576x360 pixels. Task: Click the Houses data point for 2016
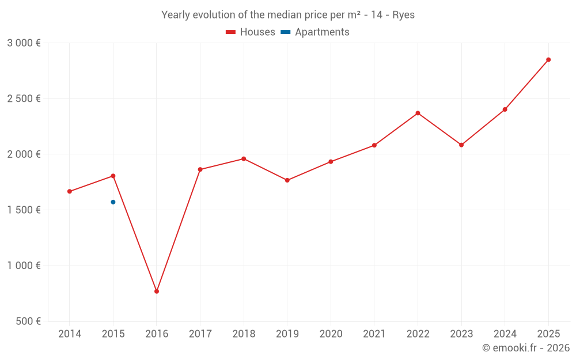pos(157,291)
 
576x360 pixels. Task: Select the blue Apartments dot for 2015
pos(113,202)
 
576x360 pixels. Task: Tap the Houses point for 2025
pos(548,59)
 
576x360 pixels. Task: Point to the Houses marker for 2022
pos(418,113)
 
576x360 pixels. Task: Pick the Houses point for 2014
pos(70,191)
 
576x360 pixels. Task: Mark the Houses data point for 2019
pos(287,180)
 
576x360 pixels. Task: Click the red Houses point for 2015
pos(113,176)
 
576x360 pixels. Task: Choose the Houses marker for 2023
pos(461,145)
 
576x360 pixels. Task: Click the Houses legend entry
pos(251,32)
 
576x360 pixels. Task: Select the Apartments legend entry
pos(315,32)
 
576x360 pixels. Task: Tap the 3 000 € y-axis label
pos(24,43)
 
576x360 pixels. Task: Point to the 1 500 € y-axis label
pos(24,210)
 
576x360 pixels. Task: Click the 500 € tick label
pos(28,321)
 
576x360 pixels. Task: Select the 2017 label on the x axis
pos(200,334)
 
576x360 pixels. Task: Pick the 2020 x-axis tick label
pos(331,334)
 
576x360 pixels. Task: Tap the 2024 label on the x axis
pos(505,334)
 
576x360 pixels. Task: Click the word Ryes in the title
pos(403,15)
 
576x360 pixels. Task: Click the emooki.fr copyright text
pos(526,347)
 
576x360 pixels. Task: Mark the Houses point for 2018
pos(244,159)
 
